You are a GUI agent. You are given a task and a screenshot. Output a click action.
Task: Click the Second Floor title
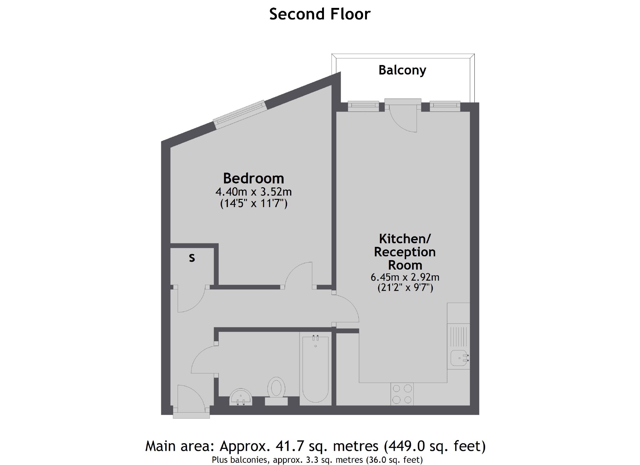point(320,14)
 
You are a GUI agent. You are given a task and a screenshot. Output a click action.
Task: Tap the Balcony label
point(402,70)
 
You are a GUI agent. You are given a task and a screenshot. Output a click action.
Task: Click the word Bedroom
point(253,178)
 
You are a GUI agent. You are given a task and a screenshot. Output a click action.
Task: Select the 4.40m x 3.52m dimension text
point(253,192)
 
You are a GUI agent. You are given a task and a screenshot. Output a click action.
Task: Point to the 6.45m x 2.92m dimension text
point(405,277)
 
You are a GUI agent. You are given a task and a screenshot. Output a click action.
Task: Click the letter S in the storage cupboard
point(192,258)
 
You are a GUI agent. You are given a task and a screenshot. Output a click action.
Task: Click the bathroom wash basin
point(241,397)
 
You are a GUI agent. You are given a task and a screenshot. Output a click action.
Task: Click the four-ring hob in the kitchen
point(402,394)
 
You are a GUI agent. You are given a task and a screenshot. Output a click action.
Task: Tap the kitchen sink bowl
point(459,358)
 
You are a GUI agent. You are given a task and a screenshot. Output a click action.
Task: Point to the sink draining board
point(459,336)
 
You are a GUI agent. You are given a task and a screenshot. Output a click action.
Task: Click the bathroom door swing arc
point(202,360)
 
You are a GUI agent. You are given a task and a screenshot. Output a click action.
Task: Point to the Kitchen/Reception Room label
point(405,252)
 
